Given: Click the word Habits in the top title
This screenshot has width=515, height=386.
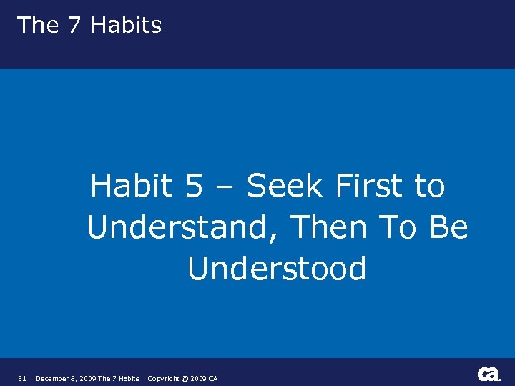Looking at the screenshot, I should (127, 25).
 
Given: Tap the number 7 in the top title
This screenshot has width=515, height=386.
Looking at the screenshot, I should (75, 25).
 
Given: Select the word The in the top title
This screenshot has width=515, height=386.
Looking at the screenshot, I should (37, 25).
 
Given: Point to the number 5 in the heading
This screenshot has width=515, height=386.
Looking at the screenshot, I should (194, 187).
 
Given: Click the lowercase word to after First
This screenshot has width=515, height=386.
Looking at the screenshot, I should (429, 187).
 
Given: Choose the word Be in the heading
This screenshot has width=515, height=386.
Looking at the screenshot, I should (449, 228).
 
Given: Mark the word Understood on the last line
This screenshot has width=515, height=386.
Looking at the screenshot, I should (277, 269).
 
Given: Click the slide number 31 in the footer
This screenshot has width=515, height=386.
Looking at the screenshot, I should (22, 378).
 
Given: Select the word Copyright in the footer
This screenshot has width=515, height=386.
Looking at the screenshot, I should (164, 378).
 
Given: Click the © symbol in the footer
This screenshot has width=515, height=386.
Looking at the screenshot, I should (185, 378).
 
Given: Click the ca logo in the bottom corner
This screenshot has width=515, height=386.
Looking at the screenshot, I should (489, 374).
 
